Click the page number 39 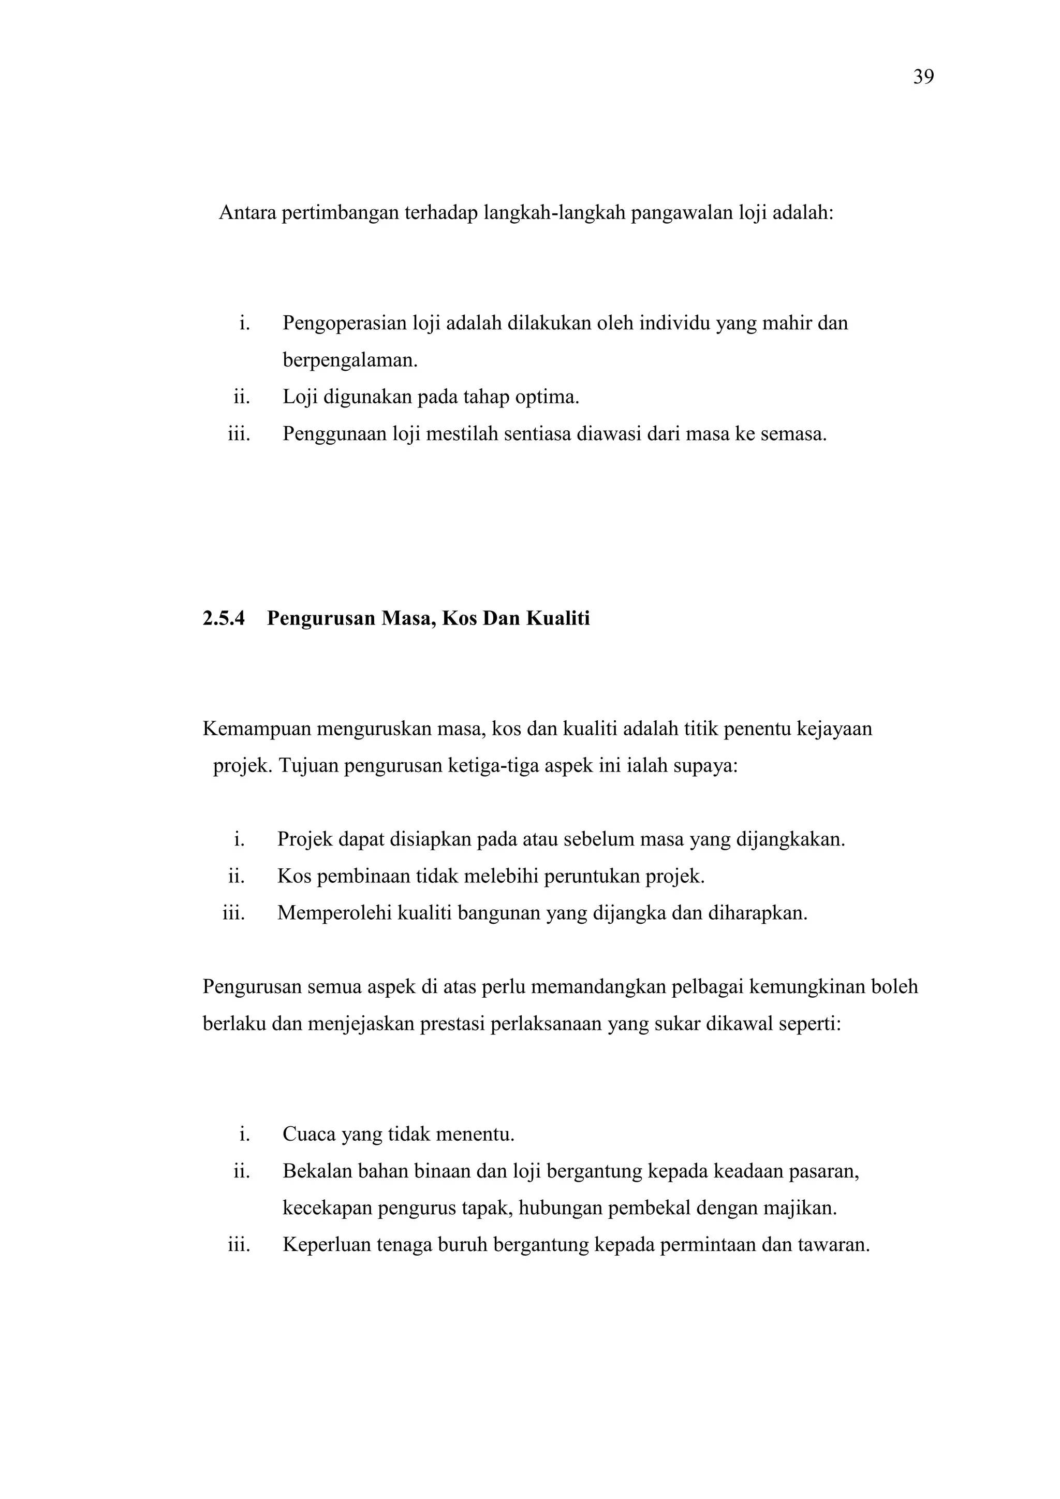pyautogui.click(x=923, y=77)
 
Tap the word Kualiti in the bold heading pyautogui.click(x=557, y=618)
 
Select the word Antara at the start pyautogui.click(x=247, y=213)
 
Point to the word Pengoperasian pyautogui.click(x=345, y=323)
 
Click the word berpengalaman pyautogui.click(x=350, y=360)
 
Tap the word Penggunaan pyautogui.click(x=335, y=433)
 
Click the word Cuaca pyautogui.click(x=307, y=1134)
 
